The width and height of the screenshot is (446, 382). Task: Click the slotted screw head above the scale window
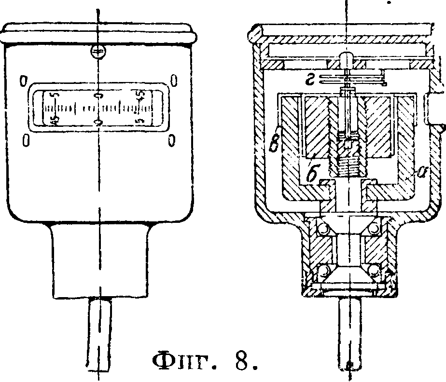(x=98, y=52)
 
